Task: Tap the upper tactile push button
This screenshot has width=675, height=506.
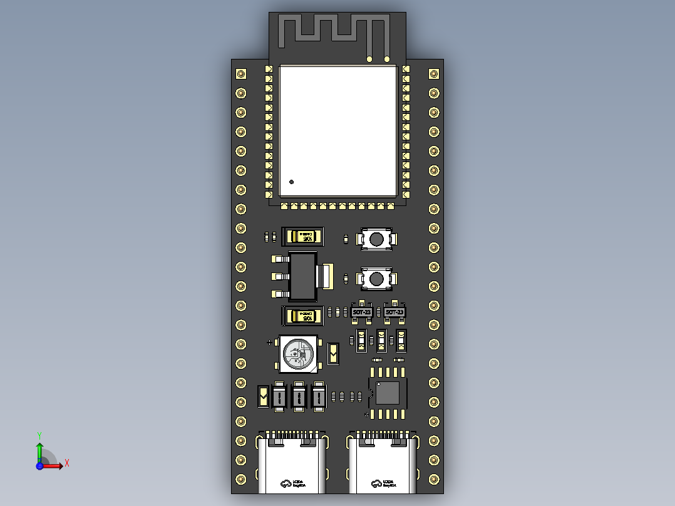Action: tap(376, 239)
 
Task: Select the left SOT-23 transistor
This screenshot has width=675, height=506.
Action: tap(362, 312)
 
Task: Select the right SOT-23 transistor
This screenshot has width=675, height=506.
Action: tap(394, 312)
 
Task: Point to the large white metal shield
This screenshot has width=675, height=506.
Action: tap(338, 130)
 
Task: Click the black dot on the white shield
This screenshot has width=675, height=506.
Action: tap(291, 182)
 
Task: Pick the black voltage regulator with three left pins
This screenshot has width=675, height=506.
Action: tap(304, 276)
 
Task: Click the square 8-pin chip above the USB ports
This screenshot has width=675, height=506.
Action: tap(388, 392)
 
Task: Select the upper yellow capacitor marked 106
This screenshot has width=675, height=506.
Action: tap(304, 236)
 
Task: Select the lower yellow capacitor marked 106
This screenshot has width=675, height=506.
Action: tap(304, 316)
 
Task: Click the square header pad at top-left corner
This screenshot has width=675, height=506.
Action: tap(240, 74)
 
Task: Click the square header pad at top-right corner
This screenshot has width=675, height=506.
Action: tap(434, 74)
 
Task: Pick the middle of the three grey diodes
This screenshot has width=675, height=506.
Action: tap(299, 396)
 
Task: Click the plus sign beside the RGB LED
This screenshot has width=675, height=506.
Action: tap(270, 343)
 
